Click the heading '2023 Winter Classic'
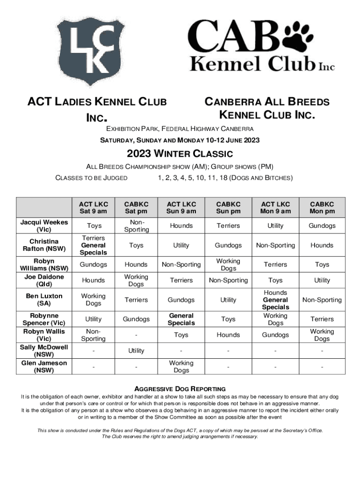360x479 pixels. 180,154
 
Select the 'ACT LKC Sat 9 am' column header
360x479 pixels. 94,208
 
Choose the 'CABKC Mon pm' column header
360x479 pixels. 322,208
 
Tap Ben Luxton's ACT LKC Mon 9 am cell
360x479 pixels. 275,300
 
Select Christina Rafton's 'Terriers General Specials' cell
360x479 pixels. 94,245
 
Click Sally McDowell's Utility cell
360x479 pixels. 136,350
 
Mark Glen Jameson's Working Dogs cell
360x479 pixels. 181,366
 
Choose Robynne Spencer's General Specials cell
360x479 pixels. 181,319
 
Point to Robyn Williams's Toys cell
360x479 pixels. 322,264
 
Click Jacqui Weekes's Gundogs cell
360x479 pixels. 322,226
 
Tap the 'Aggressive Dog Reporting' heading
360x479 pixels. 180,389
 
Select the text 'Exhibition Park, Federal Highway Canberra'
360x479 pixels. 180,129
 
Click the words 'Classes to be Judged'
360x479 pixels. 91,178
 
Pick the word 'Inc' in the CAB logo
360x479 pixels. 327,67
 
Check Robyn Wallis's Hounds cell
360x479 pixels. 228,335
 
